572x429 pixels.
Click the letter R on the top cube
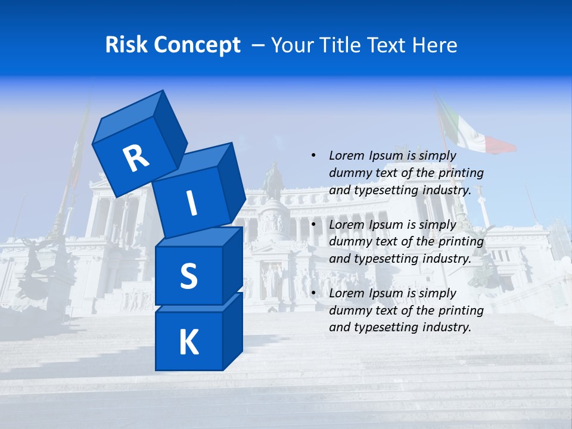[136, 158]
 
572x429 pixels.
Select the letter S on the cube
[188, 276]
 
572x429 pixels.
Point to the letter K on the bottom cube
[188, 343]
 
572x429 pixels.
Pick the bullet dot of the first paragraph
[313, 156]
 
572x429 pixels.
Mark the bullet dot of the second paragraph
[313, 225]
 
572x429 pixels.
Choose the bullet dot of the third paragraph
[313, 293]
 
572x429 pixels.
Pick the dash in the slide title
[259, 45]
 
